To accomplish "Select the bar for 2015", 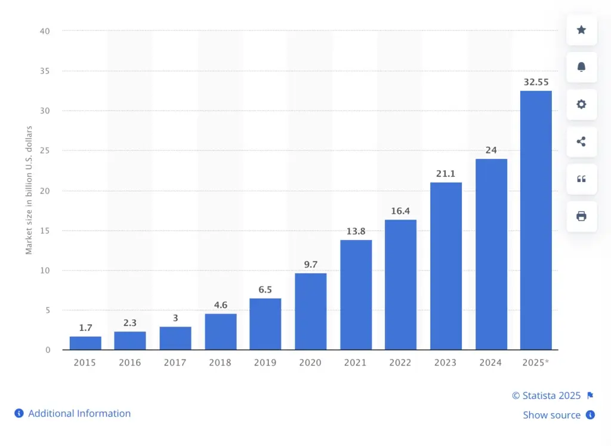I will pyautogui.click(x=85, y=343).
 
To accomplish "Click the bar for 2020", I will pyautogui.click(x=310, y=311).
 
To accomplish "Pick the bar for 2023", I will pyautogui.click(x=446, y=266).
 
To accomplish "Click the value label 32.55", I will pyautogui.click(x=536, y=82).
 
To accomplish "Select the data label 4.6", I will pyautogui.click(x=220, y=305).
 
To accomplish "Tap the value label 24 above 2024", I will pyautogui.click(x=491, y=150).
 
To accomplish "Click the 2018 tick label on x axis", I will pyautogui.click(x=220, y=362).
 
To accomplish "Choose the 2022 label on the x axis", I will pyautogui.click(x=400, y=362).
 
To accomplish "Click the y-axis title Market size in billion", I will pyautogui.click(x=29, y=190).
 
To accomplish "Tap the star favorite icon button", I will pyautogui.click(x=581, y=30).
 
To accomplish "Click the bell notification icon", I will pyautogui.click(x=581, y=67).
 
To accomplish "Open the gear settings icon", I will pyautogui.click(x=581, y=104).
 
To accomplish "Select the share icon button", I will pyautogui.click(x=581, y=142).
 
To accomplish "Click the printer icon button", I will pyautogui.click(x=581, y=216).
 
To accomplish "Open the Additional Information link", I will pyautogui.click(x=79, y=413).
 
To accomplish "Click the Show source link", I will pyautogui.click(x=552, y=415).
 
